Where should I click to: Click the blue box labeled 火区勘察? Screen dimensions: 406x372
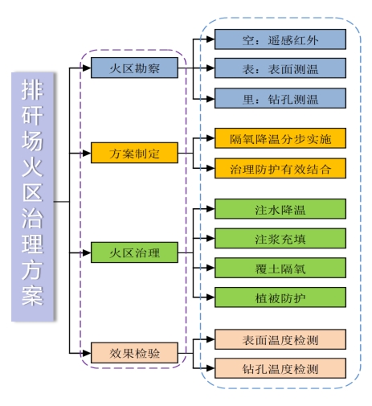click(134, 68)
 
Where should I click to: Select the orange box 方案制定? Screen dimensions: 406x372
click(134, 152)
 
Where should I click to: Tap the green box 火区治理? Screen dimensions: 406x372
click(134, 253)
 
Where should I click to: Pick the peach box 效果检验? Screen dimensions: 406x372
click(134, 351)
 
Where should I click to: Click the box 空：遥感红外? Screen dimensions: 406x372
click(280, 39)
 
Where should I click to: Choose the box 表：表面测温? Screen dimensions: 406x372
click(280, 69)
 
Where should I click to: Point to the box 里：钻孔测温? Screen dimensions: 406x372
click(280, 99)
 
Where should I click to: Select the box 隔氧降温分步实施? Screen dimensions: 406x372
click(280, 138)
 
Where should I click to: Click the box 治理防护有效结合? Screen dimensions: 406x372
click(280, 169)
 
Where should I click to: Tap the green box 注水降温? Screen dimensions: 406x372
click(280, 209)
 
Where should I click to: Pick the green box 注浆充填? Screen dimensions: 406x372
click(280, 238)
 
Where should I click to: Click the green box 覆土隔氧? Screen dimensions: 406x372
click(280, 268)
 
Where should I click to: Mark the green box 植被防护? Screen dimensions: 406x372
click(280, 297)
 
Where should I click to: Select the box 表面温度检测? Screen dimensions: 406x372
click(280, 339)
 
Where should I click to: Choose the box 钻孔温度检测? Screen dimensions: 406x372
click(280, 369)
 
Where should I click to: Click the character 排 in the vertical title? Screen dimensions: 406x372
click(32, 91)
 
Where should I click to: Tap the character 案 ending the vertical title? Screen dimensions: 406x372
click(32, 295)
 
